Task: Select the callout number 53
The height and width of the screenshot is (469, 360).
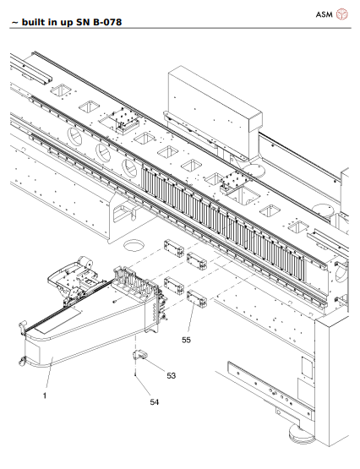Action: pyautogui.click(x=171, y=374)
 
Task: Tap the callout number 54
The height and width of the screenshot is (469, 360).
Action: pyautogui.click(x=154, y=401)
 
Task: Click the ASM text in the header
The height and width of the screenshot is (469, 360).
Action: pyautogui.click(x=325, y=14)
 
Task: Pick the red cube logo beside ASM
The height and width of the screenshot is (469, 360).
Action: pyautogui.click(x=342, y=14)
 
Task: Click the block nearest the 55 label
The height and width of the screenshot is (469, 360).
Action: pyautogui.click(x=197, y=298)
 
